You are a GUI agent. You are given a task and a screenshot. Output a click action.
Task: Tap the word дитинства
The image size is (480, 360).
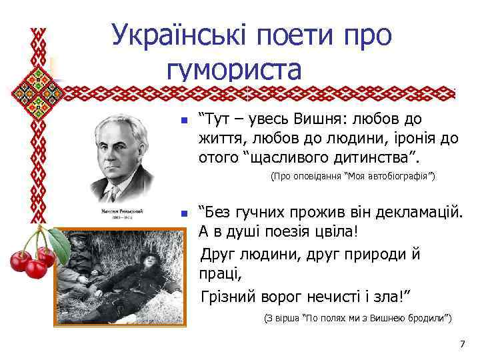[x=374, y=158]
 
